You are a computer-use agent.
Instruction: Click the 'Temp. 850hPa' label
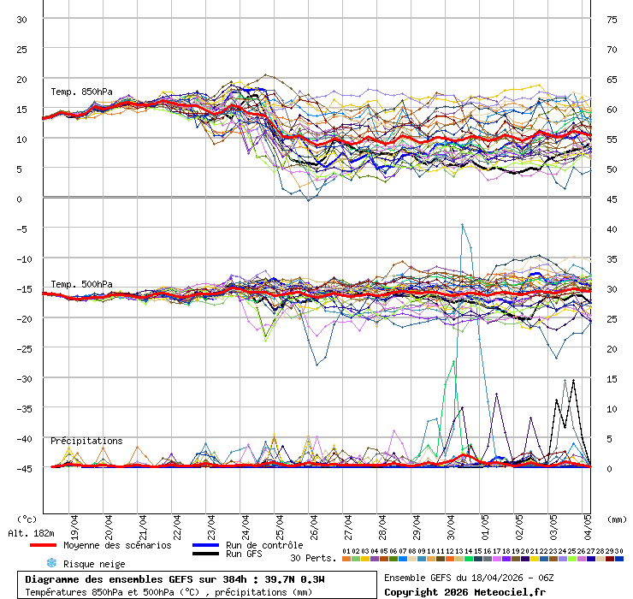tap(81, 92)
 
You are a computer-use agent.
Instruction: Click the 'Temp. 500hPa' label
tap(81, 284)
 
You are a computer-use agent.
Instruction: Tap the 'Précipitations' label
tap(86, 441)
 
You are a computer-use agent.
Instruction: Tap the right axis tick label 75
tap(612, 19)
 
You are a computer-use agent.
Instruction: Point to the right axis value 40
tap(612, 228)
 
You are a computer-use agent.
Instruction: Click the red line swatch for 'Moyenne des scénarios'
tap(43, 545)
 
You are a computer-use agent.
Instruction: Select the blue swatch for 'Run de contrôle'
tap(205, 545)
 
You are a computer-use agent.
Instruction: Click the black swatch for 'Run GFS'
tap(205, 555)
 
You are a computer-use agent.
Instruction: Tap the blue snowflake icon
tap(50, 563)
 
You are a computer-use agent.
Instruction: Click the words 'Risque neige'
tap(94, 564)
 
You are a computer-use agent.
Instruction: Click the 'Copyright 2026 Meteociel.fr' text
tap(465, 591)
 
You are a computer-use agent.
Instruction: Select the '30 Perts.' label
tap(311, 558)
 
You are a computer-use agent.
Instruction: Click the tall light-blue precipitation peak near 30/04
tap(463, 225)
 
